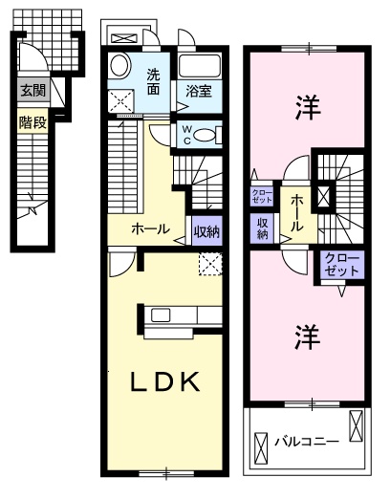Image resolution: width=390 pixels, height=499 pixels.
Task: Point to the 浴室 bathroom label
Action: [199, 92]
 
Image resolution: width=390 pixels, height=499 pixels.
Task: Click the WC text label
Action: [185, 134]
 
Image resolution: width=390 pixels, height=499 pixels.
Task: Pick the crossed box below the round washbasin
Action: [121, 98]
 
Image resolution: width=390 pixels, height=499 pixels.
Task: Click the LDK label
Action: [163, 383]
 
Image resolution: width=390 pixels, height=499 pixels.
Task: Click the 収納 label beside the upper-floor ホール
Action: [262, 228]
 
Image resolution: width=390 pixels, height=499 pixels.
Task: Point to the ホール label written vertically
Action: [296, 213]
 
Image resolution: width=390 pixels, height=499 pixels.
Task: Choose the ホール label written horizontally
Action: [151, 229]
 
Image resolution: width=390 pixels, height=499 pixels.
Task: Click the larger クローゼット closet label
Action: [342, 265]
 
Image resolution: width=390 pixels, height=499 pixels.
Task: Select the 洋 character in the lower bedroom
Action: [306, 336]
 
